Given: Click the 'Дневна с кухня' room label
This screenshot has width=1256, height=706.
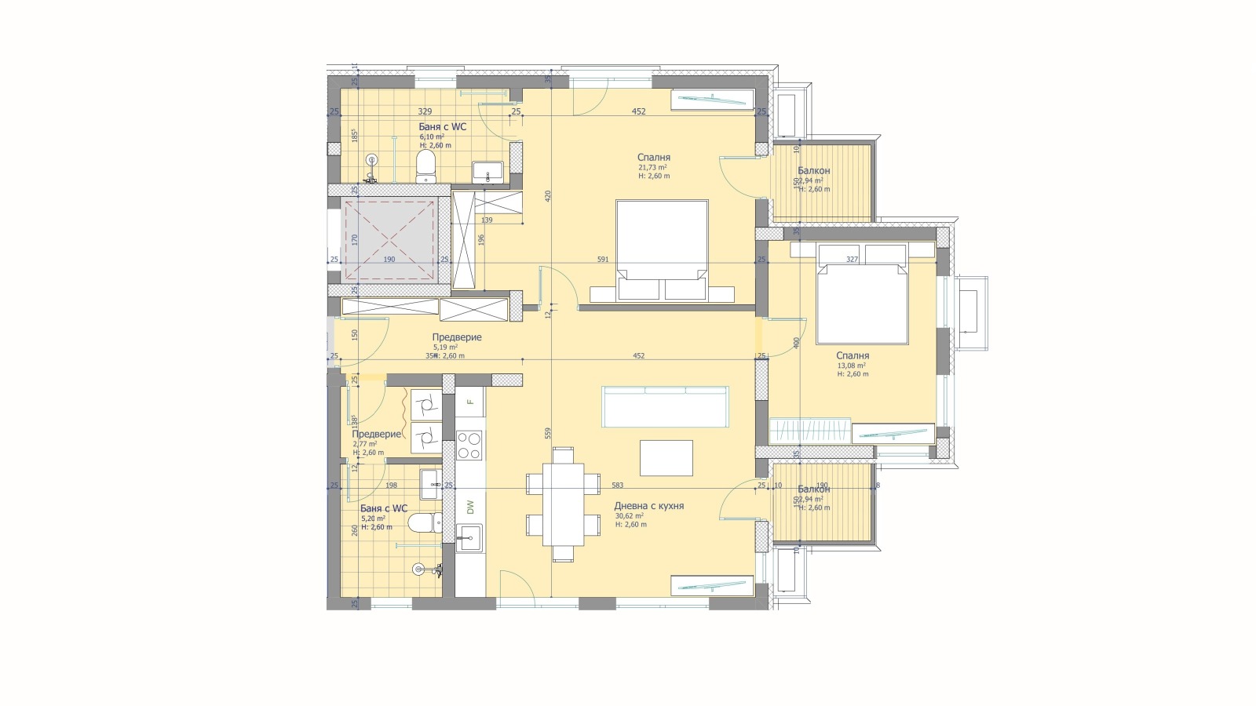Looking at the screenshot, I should (x=648, y=506).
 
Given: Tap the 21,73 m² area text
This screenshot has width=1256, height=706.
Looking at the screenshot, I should (x=652, y=167).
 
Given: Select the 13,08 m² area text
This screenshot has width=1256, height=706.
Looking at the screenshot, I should (x=851, y=366).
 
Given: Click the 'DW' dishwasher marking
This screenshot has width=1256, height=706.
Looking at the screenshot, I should (x=471, y=508).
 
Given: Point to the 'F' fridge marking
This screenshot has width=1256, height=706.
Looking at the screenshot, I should (x=470, y=402).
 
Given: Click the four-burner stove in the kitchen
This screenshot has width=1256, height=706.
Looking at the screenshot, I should (x=469, y=446).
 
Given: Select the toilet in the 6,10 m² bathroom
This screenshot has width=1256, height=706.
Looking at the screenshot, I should (x=425, y=166).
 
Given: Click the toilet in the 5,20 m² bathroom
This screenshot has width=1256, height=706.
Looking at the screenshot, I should (x=422, y=522).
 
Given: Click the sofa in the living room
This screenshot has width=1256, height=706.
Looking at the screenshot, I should (x=665, y=406).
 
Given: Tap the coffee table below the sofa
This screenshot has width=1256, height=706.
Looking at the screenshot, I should (x=666, y=457).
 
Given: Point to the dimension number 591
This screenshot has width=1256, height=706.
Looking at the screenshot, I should (x=603, y=259).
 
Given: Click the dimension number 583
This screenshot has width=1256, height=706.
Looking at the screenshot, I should (x=617, y=486).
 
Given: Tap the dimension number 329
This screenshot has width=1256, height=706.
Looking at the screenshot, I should (x=425, y=111).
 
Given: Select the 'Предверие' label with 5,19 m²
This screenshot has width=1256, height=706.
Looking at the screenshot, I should (x=456, y=337).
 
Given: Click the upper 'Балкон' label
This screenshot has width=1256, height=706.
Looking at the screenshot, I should (x=813, y=170).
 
